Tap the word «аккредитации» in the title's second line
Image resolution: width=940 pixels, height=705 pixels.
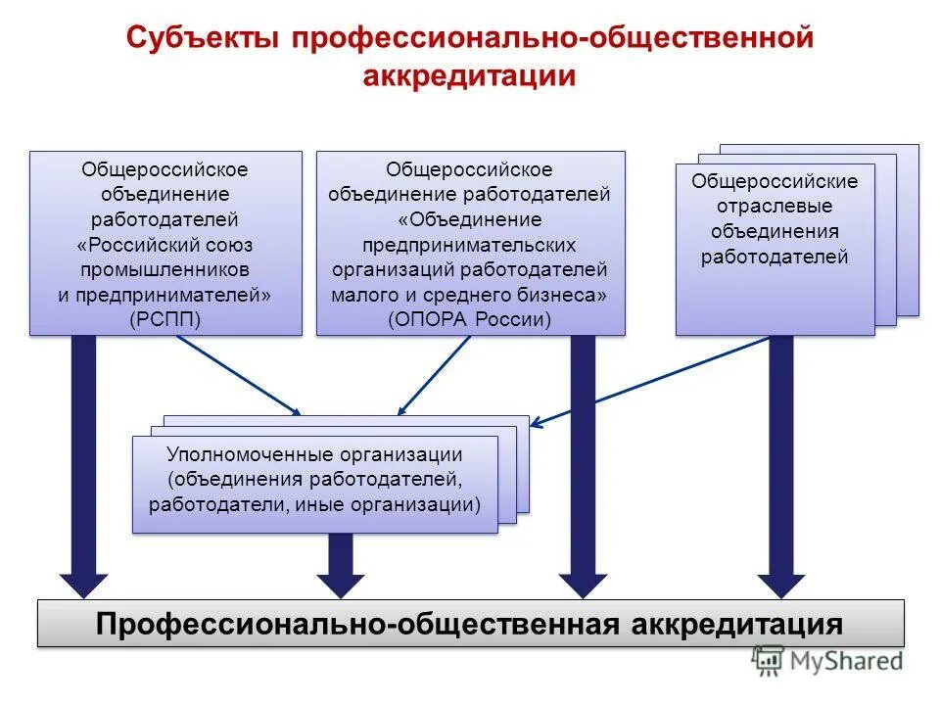coord(469,76)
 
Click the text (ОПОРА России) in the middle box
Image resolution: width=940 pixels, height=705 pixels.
coord(470,318)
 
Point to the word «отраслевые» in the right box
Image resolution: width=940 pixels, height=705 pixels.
coord(774,207)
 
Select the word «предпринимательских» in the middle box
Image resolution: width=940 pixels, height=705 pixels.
coord(470,244)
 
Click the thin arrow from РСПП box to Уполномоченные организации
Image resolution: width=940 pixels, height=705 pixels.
coord(239,376)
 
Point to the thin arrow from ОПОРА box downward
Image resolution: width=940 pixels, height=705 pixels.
coord(434,376)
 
